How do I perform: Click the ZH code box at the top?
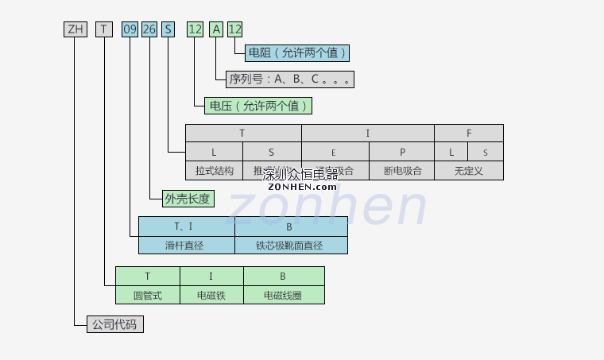75,29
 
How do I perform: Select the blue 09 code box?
130,29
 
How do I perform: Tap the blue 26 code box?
149,29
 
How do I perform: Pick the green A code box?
215,29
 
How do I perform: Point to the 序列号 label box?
290,79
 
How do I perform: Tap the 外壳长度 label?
188,199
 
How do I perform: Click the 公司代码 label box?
115,324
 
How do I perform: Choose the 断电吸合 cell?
401,170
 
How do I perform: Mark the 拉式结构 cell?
214,170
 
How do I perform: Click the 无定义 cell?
468,170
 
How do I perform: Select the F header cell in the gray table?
468,133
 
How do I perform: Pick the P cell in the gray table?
401,151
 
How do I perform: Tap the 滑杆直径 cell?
186,245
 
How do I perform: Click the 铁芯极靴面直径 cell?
291,245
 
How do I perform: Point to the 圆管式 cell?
147,295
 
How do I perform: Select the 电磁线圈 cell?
284,295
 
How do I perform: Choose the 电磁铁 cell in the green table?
211,295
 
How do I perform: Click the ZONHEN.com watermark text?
302,187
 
